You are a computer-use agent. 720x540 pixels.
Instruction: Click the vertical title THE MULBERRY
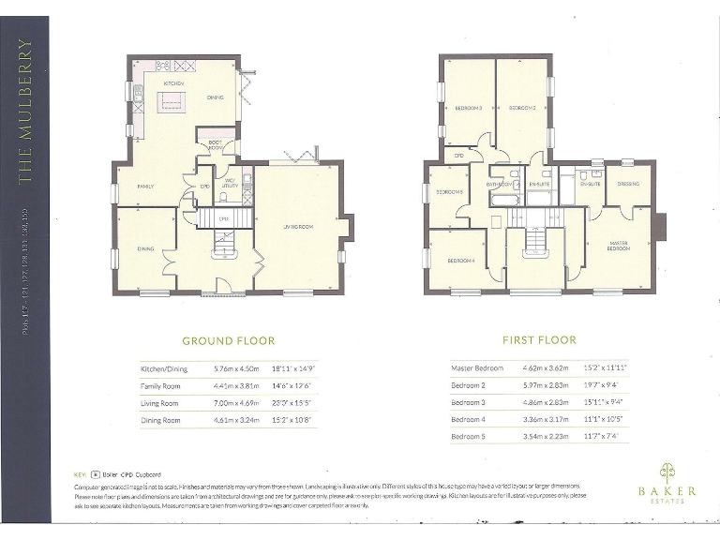(x=25, y=110)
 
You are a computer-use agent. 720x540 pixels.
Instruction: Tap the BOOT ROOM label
(x=215, y=145)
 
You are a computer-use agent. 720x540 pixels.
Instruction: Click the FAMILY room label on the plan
(x=145, y=187)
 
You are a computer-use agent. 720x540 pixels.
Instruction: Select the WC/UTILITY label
(x=228, y=184)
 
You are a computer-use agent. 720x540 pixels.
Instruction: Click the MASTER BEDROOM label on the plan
(x=618, y=246)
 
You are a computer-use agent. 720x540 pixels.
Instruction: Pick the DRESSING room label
(x=627, y=184)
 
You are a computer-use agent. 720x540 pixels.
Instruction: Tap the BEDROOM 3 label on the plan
(x=468, y=109)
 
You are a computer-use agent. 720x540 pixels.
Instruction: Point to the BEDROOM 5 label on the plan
(x=449, y=192)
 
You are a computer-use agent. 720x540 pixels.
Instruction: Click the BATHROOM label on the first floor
(x=499, y=185)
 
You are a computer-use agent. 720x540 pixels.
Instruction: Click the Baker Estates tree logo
(x=667, y=471)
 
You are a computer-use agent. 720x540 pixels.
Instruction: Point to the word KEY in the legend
(x=80, y=474)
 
